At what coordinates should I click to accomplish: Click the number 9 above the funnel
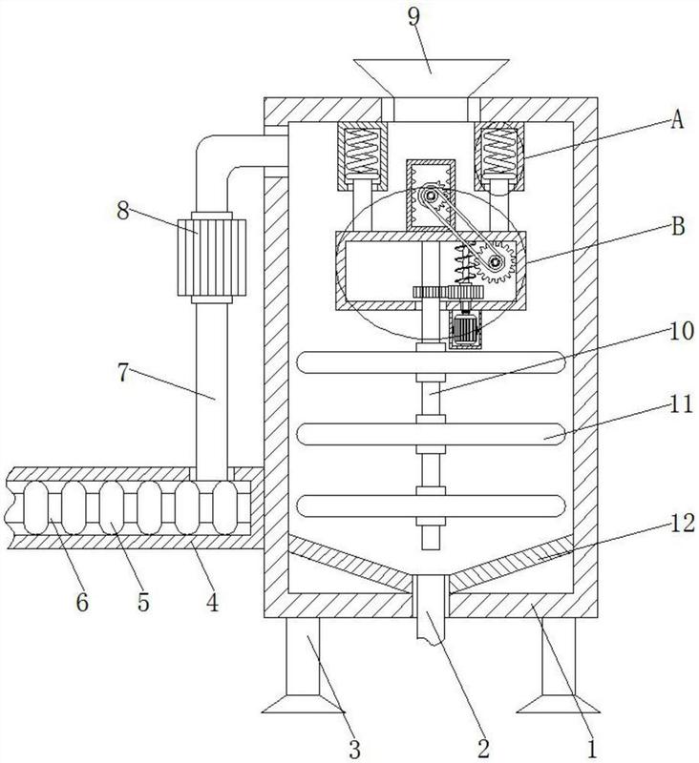pos(413,18)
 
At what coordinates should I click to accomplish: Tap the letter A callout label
pos(677,119)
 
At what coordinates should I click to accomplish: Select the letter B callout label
pos(678,226)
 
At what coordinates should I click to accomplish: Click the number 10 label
pos(682,331)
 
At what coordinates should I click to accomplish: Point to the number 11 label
pos(681,403)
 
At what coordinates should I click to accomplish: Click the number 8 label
pos(123,211)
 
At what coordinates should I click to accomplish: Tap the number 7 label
pos(123,373)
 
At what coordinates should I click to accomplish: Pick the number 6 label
pos(82,603)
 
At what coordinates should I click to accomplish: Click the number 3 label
pos(354,750)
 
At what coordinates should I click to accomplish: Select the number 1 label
pos(591,750)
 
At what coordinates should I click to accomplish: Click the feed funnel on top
pos(431,78)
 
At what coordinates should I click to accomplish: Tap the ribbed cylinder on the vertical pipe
pos(211,258)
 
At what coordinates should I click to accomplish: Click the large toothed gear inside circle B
pos(496,263)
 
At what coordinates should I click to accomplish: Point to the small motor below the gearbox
pos(465,328)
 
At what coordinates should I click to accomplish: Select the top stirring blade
pos(431,362)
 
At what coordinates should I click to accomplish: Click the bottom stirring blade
pos(431,505)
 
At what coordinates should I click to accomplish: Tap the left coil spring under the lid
pos(361,151)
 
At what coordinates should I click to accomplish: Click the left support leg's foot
pos(302,704)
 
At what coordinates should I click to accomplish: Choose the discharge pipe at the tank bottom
pos(431,609)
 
